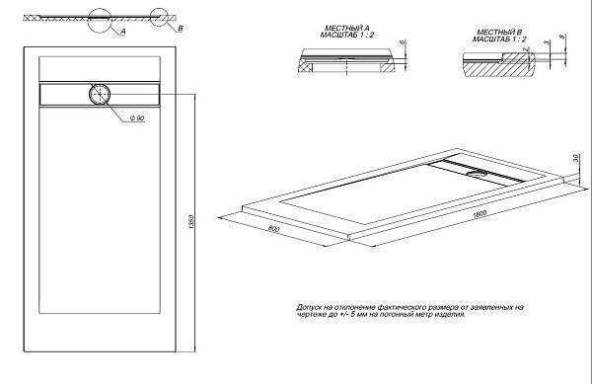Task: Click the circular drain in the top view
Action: (102, 95)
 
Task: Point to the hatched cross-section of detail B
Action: (493, 67)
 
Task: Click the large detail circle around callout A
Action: (102, 22)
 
